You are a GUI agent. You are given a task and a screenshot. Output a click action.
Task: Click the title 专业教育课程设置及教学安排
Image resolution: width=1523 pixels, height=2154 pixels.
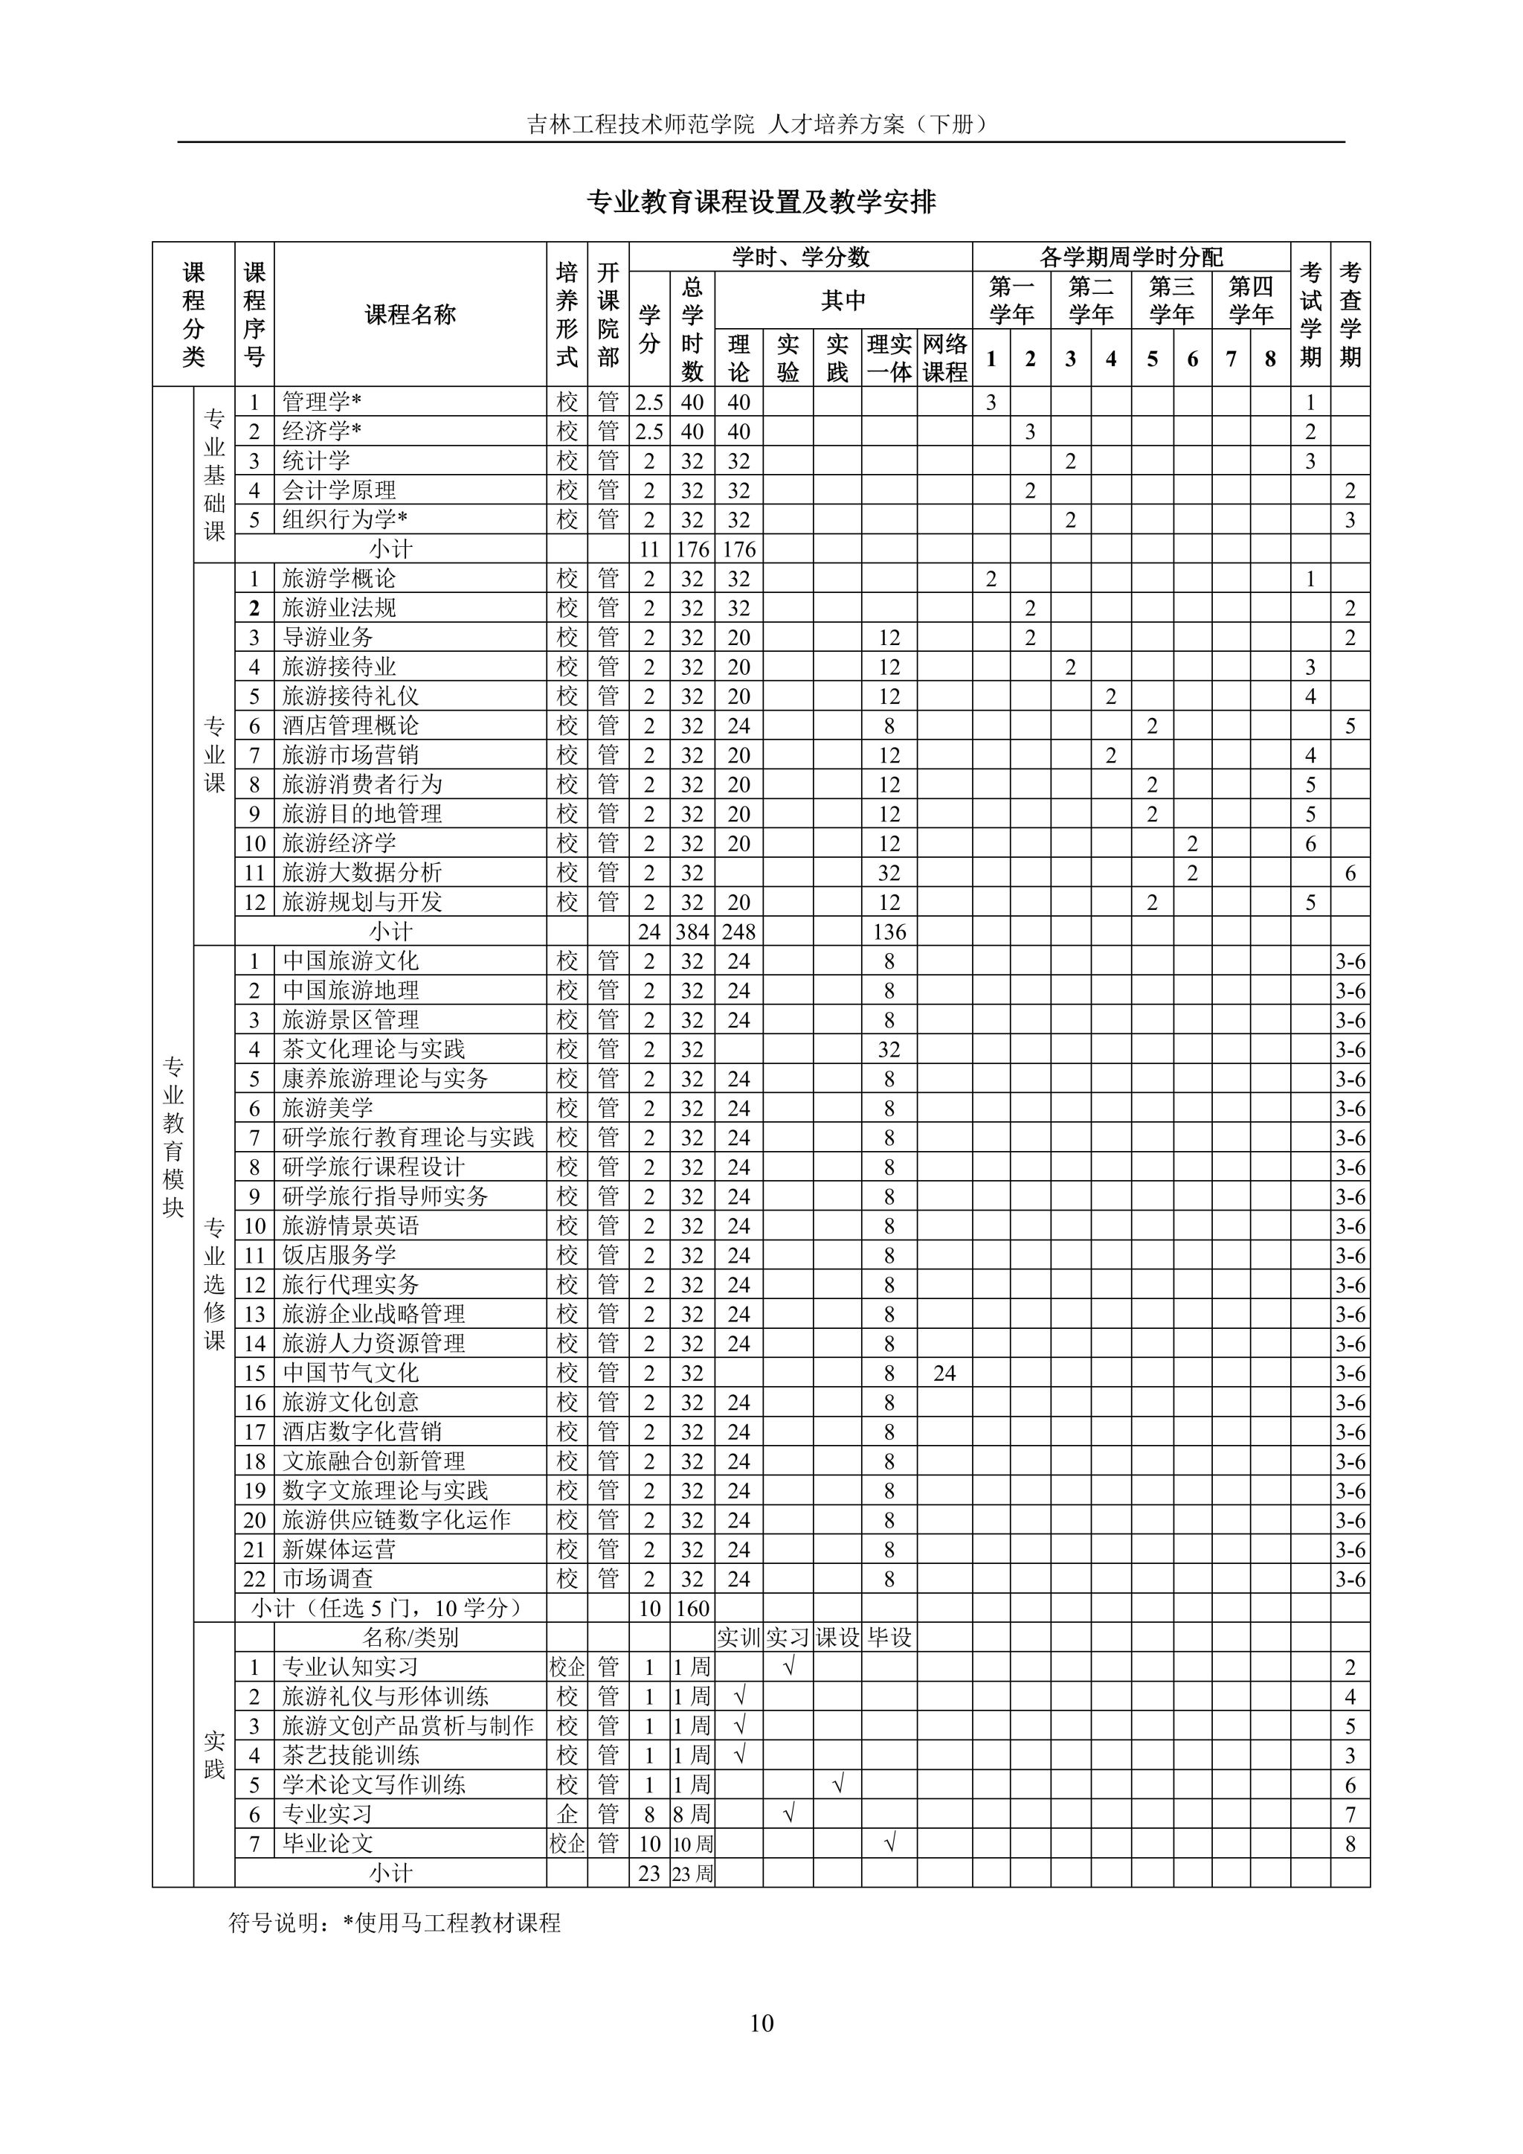761,202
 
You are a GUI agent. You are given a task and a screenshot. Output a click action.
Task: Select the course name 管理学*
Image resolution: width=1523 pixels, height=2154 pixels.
322,403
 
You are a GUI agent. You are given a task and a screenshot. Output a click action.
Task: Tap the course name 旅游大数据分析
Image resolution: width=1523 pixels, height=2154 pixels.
362,873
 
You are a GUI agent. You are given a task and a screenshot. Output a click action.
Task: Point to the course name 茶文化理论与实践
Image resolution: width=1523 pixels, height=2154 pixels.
373,1049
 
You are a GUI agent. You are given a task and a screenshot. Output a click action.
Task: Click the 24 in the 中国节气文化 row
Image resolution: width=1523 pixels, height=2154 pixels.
944,1374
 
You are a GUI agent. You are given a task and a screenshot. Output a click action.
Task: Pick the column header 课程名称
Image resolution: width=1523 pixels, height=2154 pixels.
410,315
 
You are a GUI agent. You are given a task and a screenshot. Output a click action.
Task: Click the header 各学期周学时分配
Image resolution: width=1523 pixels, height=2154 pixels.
1131,257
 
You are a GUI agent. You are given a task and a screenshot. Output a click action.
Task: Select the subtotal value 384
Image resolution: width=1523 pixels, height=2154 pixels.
692,932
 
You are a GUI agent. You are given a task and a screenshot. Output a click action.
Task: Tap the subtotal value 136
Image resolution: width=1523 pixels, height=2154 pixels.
889,932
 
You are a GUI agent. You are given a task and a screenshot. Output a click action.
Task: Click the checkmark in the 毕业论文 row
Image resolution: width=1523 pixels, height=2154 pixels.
889,1844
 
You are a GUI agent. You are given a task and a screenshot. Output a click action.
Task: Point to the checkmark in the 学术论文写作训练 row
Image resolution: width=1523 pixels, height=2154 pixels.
838,1784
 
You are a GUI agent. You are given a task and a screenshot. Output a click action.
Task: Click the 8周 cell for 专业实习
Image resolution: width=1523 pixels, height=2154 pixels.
692,1815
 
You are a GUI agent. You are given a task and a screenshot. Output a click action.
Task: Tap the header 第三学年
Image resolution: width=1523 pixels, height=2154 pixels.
1171,300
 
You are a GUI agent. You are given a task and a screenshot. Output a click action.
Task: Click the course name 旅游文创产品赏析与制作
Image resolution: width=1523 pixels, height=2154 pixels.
408,1725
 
